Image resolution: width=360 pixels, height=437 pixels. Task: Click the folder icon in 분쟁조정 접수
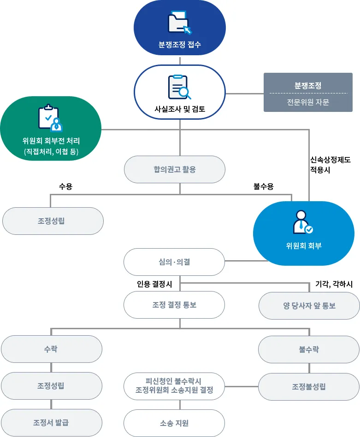tap(179, 23)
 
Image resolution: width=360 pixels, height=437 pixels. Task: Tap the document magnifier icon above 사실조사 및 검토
tap(179, 87)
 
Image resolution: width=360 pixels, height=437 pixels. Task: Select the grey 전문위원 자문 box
tap(308, 93)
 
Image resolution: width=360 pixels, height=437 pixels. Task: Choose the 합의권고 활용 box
tap(175, 169)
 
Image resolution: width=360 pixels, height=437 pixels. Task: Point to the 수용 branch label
tap(65, 186)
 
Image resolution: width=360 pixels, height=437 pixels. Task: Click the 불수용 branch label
tap(263, 186)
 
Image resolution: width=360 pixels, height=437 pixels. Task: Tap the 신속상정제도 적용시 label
tap(330, 164)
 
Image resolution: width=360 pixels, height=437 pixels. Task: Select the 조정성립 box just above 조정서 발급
tap(51, 386)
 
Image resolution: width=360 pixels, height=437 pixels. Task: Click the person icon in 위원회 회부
tap(303, 222)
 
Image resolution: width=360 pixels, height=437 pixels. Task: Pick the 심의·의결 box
tap(174, 262)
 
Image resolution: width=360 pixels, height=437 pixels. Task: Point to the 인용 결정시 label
tap(154, 285)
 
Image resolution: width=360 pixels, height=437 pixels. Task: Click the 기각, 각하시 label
tap(334, 285)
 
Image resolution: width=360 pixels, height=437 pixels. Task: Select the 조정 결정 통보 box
tap(174, 305)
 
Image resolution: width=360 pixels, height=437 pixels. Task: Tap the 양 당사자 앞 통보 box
tap(309, 305)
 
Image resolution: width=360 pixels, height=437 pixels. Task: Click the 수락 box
tap(51, 349)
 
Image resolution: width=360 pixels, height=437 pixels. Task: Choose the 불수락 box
tap(309, 350)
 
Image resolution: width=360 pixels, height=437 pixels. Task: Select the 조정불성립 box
tap(309, 386)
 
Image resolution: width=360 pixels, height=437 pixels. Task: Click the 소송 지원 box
tap(174, 423)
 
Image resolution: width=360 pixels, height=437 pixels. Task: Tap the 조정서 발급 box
tap(51, 423)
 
